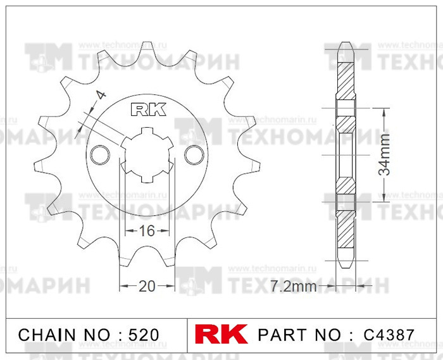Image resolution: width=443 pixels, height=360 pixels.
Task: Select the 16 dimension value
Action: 147,231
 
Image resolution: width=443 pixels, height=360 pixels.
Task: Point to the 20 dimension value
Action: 147,287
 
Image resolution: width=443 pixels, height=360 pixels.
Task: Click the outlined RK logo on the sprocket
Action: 148,109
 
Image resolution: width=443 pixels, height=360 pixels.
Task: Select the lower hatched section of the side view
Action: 345,231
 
